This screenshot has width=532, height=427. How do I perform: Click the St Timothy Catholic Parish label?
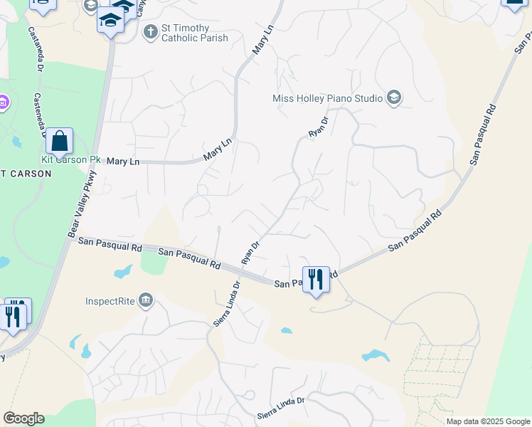186,33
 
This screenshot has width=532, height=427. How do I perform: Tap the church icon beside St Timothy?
150,31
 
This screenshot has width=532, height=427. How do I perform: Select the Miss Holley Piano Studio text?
328,98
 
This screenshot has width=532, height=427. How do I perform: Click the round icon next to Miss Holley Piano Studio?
394,98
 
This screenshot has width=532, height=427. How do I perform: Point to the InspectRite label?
110,301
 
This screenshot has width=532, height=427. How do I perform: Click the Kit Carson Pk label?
70,159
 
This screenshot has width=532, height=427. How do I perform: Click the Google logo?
23,418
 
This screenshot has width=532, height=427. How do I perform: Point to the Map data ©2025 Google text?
487,421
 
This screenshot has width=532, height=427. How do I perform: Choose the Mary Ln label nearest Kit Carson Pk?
123,162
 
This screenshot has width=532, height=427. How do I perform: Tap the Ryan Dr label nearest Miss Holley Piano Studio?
318,127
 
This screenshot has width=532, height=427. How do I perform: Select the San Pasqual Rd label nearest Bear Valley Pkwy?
110,245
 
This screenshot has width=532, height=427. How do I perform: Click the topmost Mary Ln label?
262,41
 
